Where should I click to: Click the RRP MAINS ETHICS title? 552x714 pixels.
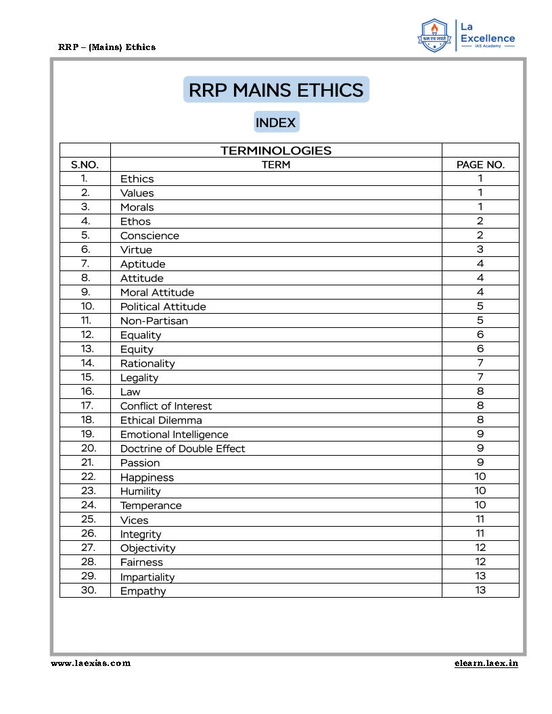tap(276, 90)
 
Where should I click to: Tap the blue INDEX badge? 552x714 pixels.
tap(276, 122)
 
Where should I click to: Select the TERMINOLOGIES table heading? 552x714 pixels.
tap(276, 151)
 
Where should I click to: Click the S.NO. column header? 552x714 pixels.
tap(85, 164)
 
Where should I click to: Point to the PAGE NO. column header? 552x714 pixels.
tap(480, 164)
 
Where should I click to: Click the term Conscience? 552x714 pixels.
tap(149, 236)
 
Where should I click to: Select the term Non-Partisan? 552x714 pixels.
tap(154, 321)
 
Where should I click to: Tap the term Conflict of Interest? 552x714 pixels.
tap(166, 406)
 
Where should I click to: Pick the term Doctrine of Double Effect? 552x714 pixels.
tap(183, 449)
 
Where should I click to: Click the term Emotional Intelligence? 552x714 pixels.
tap(174, 435)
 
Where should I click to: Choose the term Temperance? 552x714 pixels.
tap(151, 506)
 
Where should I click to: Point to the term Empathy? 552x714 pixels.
tap(143, 591)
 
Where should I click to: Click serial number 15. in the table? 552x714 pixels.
tap(87, 377)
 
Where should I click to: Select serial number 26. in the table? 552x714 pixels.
tap(88, 533)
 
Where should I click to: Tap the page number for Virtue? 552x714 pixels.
tap(480, 250)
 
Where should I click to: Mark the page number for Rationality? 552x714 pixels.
tap(480, 364)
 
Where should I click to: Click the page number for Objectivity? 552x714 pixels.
tap(480, 548)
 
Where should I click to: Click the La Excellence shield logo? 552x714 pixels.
tap(435, 36)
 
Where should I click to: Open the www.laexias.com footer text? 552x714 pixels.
tap(91, 663)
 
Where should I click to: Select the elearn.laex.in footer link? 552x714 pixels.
tap(486, 663)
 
